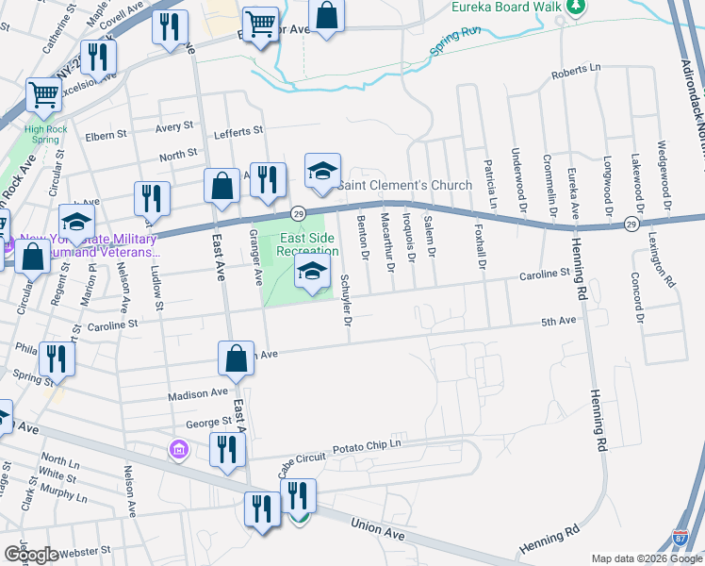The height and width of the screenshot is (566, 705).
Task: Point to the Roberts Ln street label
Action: click(x=576, y=71)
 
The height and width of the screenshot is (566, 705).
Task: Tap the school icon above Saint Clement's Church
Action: click(x=322, y=171)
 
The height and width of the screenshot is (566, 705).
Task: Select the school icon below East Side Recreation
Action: click(x=312, y=275)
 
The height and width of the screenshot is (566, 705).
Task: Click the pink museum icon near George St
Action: click(x=177, y=452)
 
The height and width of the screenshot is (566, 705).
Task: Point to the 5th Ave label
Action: click(x=558, y=322)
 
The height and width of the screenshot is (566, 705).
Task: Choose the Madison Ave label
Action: click(x=199, y=393)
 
